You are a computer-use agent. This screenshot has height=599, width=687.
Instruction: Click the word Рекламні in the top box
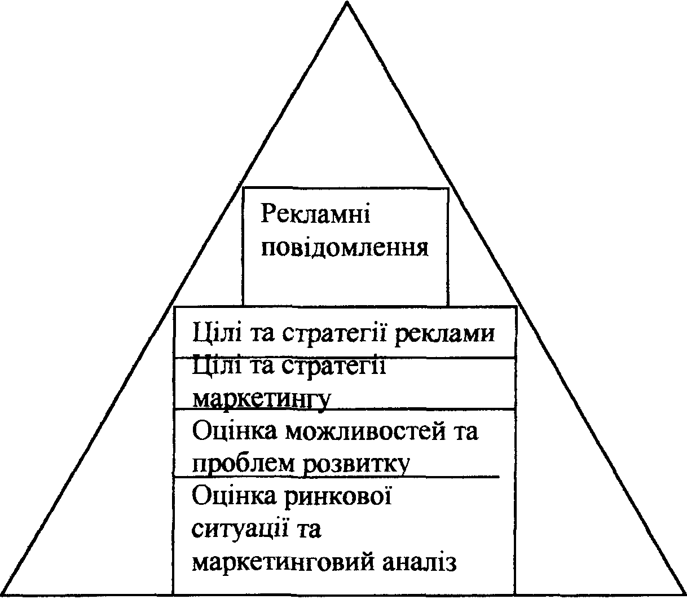point(315,215)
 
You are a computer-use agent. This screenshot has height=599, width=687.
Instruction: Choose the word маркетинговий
point(283,563)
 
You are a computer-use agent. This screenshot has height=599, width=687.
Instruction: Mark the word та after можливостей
point(465,432)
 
